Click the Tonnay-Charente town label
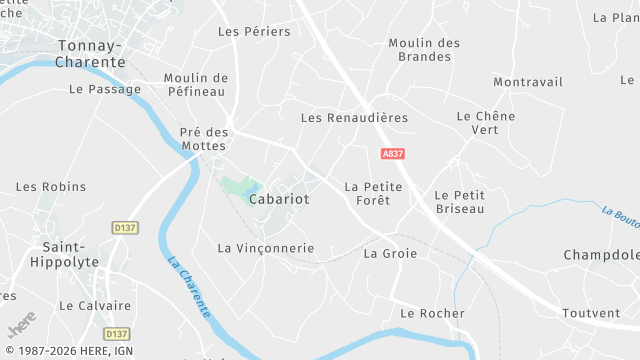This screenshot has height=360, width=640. point(91,54)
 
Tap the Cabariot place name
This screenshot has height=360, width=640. point(278,200)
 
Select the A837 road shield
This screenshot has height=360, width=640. point(393,154)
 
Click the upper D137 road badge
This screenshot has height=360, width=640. point(125,228)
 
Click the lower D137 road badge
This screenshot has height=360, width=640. point(117,334)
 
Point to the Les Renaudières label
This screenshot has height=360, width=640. point(354,118)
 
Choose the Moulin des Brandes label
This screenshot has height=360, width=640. point(423,50)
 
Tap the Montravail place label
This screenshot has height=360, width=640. point(528,82)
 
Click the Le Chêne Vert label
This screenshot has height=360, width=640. point(485,123)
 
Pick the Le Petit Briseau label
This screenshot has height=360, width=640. point(460,201)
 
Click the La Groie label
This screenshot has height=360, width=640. point(390,253)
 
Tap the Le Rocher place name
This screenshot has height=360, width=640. point(432,313)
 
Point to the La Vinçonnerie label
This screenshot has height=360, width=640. point(266,248)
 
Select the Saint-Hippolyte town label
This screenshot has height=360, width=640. point(70,254)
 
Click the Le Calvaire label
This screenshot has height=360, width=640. point(95,305)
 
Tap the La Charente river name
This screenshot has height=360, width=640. point(190,288)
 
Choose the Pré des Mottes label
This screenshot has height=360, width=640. point(204,138)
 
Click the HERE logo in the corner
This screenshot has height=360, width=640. point(21,325)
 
